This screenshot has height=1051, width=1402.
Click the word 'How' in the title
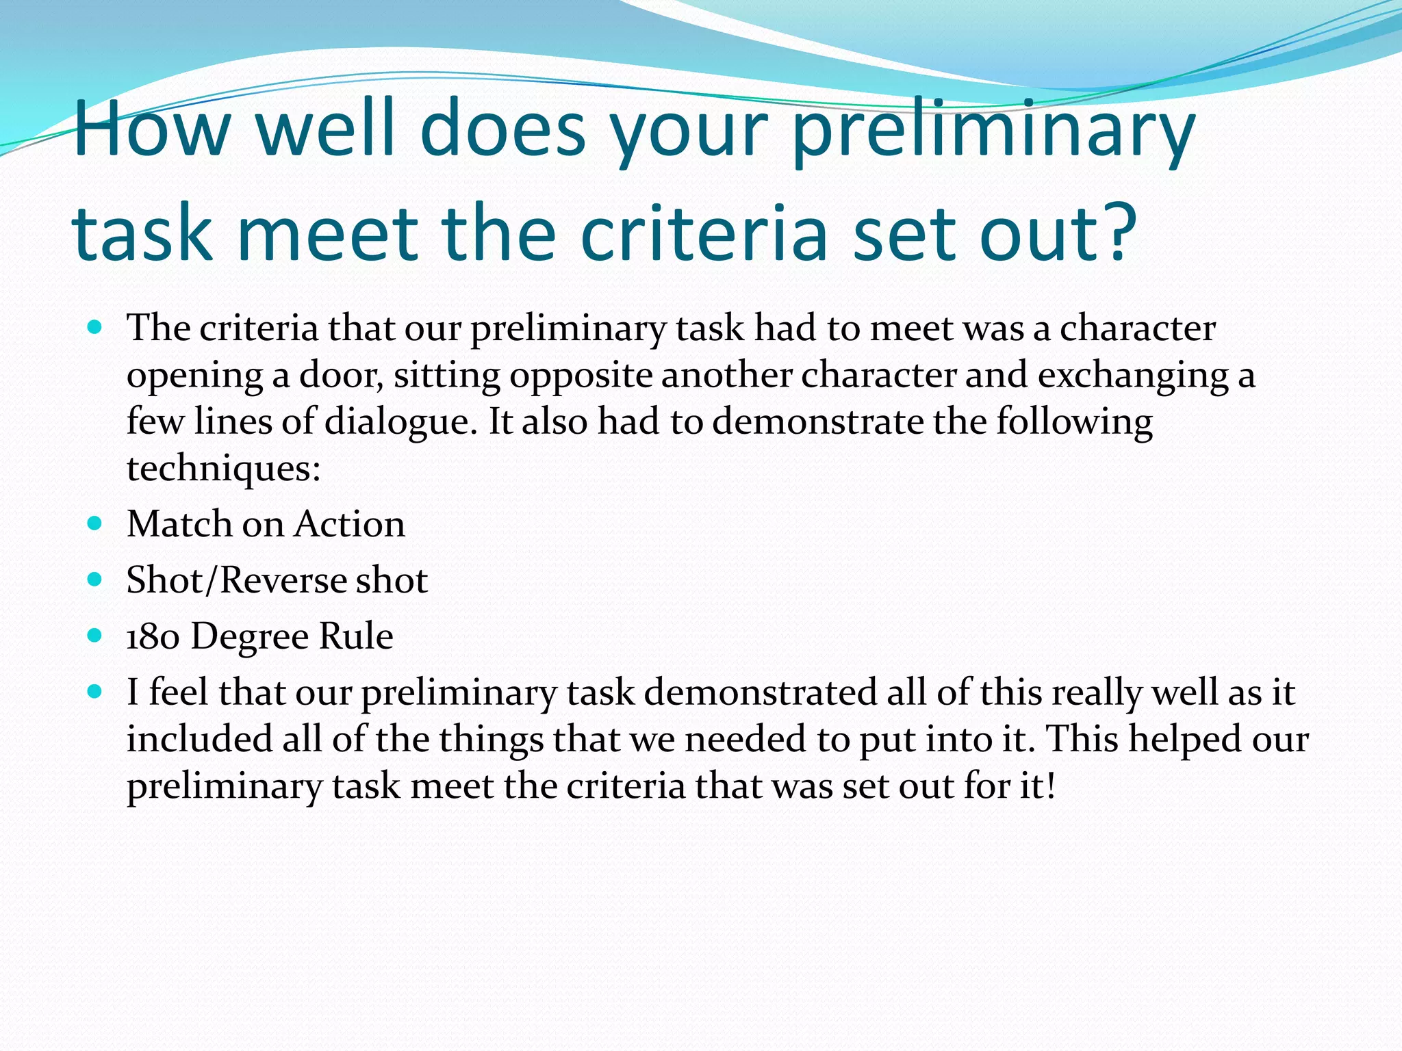tap(150, 128)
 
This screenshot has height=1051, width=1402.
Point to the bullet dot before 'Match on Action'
tap(95, 524)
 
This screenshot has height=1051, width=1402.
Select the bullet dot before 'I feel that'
tap(95, 692)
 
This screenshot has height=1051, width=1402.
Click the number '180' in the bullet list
tap(153, 636)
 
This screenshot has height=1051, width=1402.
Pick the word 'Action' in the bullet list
tap(350, 524)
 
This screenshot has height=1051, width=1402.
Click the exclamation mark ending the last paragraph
tap(1051, 786)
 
